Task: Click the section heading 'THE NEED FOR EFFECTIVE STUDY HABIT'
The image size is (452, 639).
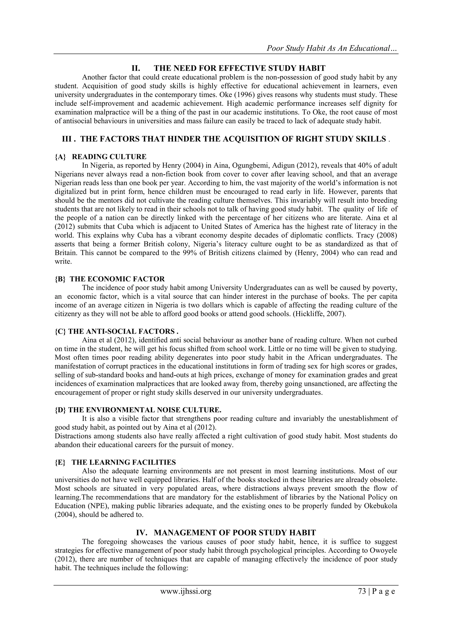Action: [x=239, y=68]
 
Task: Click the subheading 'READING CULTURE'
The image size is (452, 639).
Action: [x=109, y=157]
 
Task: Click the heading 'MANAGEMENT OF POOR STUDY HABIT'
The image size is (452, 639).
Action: [x=235, y=533]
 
